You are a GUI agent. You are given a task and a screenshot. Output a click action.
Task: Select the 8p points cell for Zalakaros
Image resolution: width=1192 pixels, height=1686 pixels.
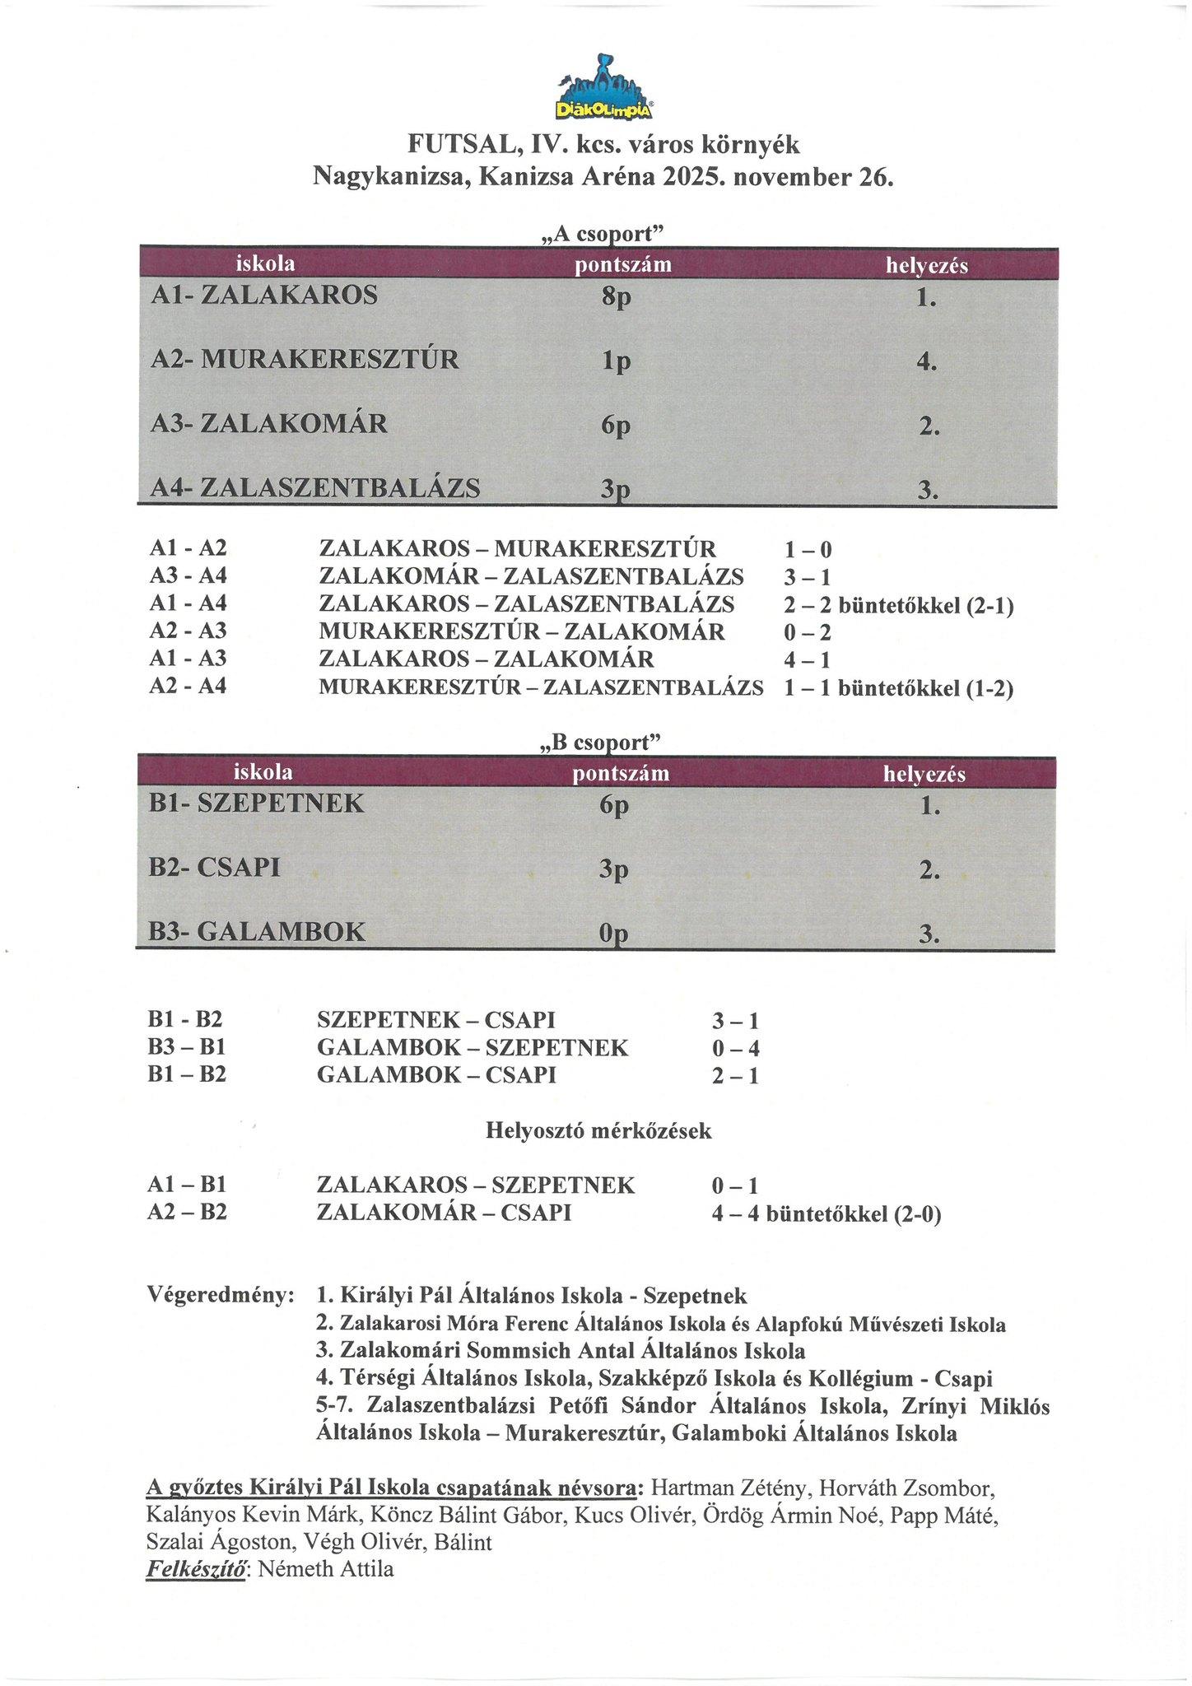616,296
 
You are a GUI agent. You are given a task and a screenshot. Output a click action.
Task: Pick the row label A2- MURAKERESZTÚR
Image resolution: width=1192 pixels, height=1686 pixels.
305,360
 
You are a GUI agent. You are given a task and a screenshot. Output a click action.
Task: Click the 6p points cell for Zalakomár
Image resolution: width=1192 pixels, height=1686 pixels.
616,425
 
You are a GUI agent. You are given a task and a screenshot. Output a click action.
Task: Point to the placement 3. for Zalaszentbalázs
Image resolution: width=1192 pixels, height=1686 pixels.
928,491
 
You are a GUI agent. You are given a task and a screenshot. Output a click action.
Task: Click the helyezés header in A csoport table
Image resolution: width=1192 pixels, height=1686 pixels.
926,266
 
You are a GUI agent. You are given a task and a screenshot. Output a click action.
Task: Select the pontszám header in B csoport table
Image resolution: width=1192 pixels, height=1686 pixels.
621,774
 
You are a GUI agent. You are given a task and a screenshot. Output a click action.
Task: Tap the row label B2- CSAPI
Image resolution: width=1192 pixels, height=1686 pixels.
215,868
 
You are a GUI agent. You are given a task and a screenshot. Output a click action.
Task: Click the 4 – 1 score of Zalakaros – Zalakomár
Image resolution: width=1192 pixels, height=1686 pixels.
807,660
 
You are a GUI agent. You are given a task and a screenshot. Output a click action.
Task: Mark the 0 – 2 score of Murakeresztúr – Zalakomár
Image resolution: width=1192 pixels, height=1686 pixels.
807,632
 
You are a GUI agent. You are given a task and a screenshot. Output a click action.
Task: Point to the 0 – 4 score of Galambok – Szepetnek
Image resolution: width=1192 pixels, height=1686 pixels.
735,1049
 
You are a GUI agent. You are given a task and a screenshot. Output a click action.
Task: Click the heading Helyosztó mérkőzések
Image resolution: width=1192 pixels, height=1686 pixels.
598,1131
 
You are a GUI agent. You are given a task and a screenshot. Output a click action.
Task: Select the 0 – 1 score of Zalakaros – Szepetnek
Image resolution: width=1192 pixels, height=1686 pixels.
735,1186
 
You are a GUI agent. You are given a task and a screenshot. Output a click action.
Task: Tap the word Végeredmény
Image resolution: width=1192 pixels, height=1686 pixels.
221,1296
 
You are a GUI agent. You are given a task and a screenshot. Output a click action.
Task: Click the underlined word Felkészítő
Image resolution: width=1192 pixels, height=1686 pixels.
198,1569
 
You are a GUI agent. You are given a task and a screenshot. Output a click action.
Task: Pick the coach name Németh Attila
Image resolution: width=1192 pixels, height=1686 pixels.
326,1569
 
